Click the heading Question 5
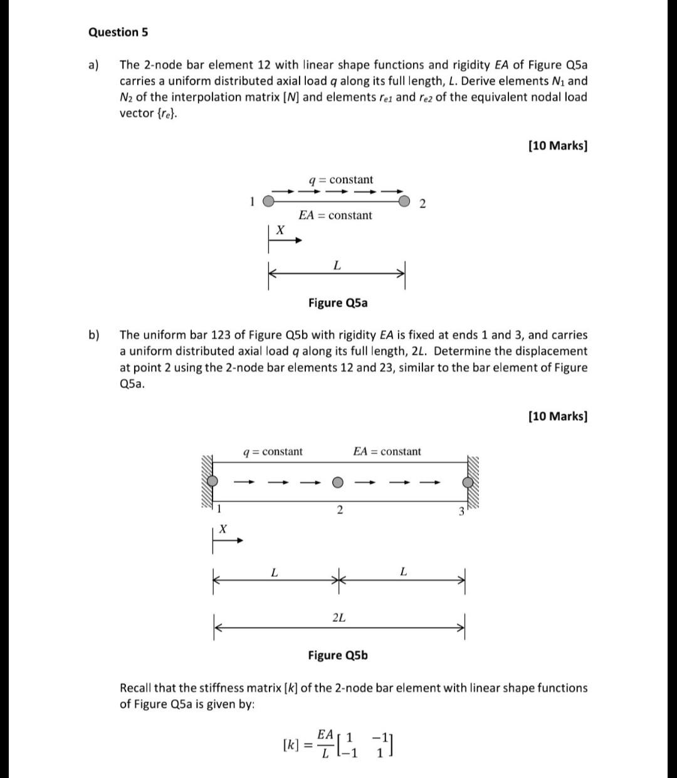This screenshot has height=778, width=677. (118, 32)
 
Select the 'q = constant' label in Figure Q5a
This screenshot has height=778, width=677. (341, 180)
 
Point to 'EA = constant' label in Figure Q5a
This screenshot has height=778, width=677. (335, 216)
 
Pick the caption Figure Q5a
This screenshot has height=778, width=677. (338, 303)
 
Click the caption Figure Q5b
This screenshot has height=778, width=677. (338, 655)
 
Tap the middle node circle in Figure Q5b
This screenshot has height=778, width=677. (338, 482)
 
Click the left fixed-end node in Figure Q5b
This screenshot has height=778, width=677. (213, 481)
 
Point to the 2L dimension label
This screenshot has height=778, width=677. (338, 618)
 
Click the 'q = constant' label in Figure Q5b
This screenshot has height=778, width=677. (273, 451)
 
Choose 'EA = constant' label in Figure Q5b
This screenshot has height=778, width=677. (387, 451)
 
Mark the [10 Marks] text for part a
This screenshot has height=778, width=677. (558, 145)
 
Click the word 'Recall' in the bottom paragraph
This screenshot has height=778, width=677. (137, 688)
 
